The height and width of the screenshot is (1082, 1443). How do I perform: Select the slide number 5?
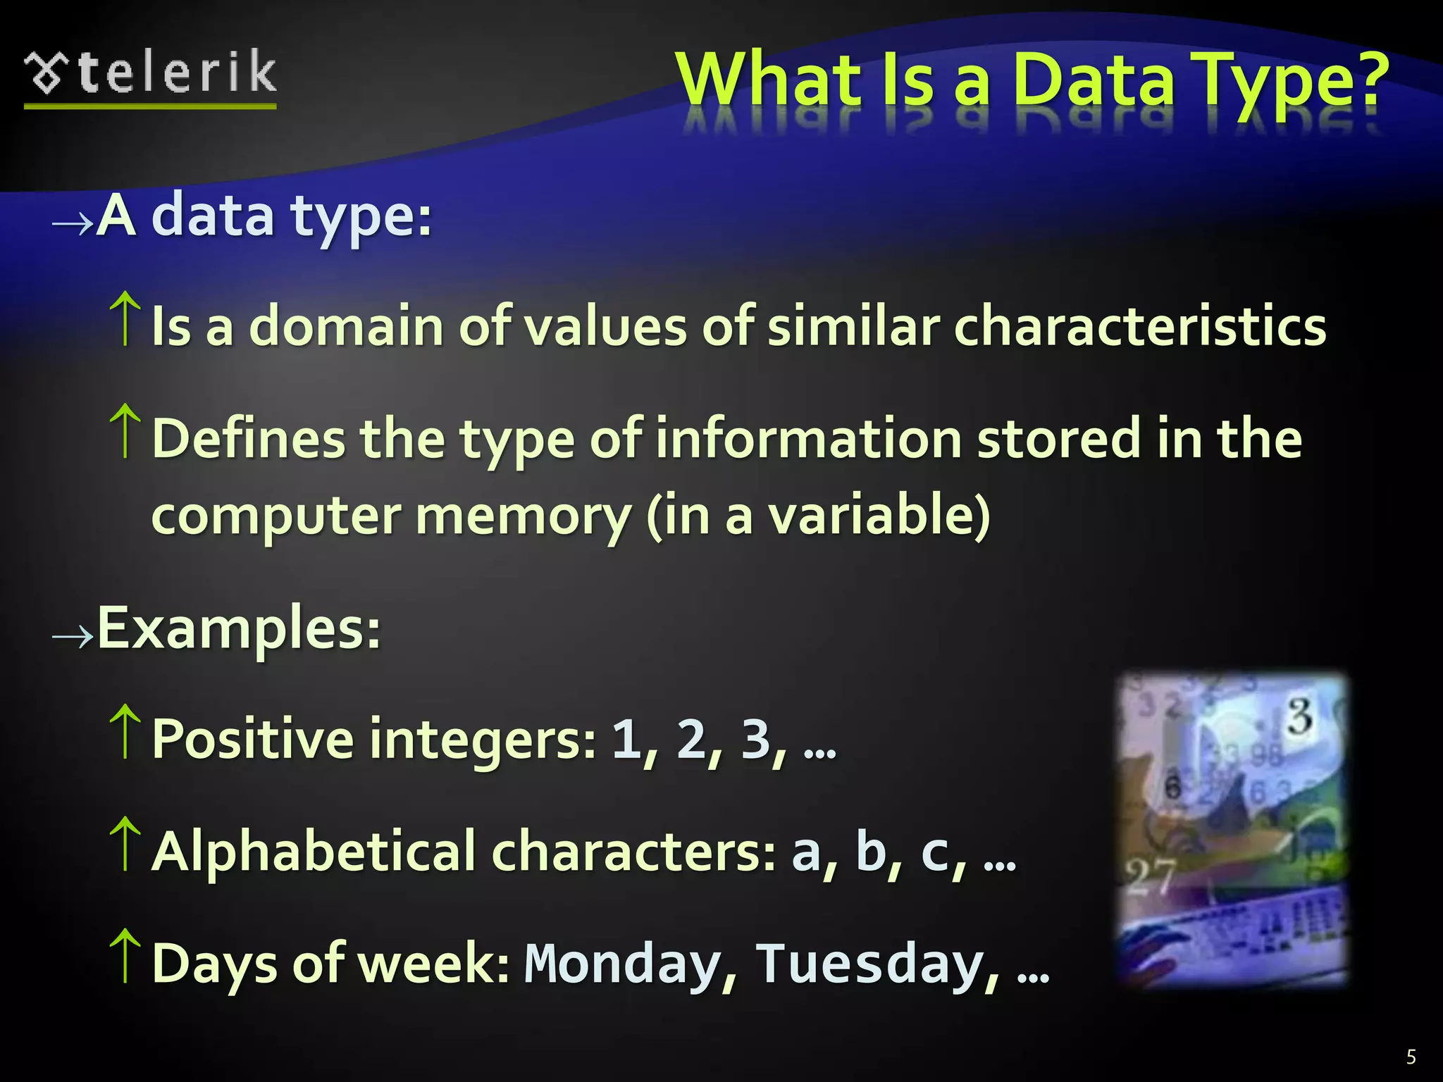(x=1411, y=1057)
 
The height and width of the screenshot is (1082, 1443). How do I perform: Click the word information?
(x=809, y=438)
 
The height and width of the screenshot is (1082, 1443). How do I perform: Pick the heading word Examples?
(x=239, y=628)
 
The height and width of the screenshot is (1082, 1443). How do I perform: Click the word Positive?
(x=253, y=740)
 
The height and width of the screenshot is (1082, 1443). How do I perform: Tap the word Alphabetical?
(x=314, y=852)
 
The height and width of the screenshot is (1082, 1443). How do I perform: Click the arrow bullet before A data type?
(x=73, y=224)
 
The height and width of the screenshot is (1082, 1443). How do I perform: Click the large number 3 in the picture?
(x=1300, y=717)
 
